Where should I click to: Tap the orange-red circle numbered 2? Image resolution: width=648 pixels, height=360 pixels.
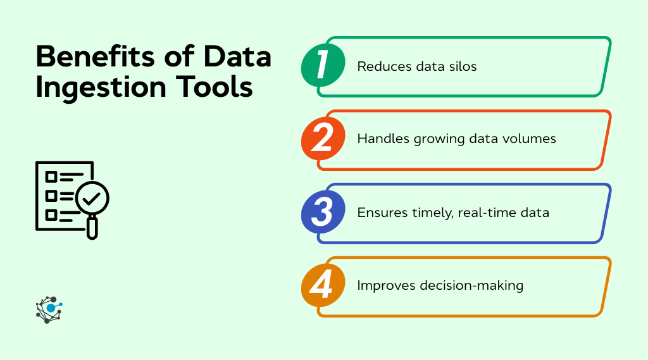(323, 139)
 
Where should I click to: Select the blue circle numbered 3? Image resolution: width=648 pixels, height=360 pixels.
(323, 213)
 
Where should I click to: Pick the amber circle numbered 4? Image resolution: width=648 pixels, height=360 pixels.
(323, 285)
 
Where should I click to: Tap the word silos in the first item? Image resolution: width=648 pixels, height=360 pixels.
(462, 66)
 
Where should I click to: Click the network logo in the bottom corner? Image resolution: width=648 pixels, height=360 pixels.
(49, 309)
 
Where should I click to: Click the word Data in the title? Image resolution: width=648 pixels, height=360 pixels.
(237, 57)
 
